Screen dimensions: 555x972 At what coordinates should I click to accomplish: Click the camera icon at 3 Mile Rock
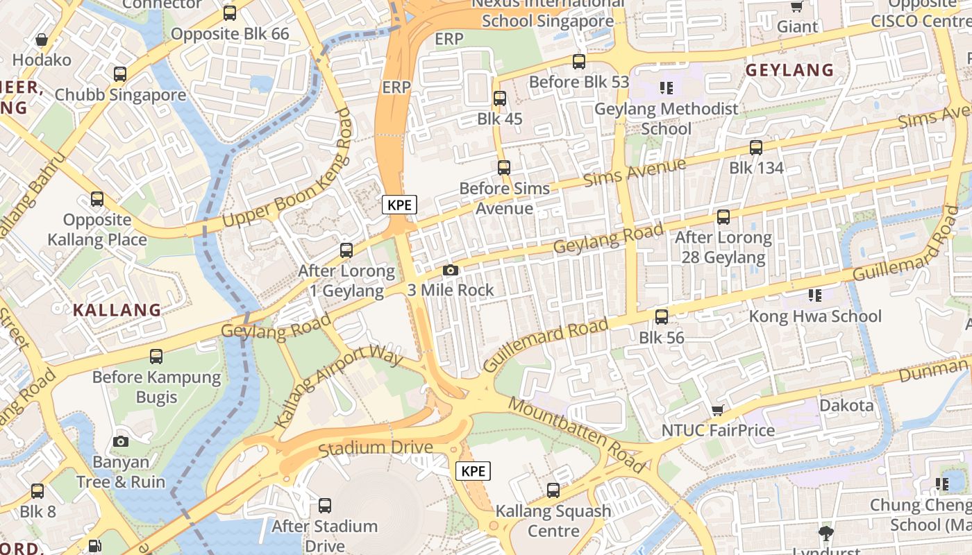click(x=450, y=270)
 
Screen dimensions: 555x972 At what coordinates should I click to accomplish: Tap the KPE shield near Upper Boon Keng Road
click(x=399, y=205)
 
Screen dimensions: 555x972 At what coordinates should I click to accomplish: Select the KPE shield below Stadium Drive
click(x=473, y=471)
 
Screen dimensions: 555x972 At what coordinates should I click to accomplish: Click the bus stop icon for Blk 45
click(x=499, y=99)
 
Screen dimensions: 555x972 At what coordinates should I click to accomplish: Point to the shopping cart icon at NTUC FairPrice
click(x=718, y=410)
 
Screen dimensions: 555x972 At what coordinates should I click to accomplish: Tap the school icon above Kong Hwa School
click(x=814, y=296)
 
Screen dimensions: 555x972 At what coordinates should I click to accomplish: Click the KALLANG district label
click(x=117, y=310)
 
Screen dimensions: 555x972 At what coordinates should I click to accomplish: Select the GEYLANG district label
click(x=789, y=70)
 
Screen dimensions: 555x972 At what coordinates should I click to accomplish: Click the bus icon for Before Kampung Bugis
click(x=156, y=357)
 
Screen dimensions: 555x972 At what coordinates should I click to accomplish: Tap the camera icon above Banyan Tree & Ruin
click(x=121, y=441)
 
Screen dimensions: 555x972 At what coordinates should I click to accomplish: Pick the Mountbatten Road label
click(x=576, y=434)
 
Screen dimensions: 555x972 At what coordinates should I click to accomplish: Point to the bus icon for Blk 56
click(x=662, y=317)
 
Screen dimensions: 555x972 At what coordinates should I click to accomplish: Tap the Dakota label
click(x=846, y=405)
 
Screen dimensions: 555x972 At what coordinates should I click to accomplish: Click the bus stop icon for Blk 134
click(x=755, y=147)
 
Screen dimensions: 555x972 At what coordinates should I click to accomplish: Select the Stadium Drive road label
click(x=376, y=449)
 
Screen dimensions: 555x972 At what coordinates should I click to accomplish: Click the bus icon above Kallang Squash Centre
click(x=553, y=490)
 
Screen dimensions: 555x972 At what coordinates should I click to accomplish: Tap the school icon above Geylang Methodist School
click(x=667, y=88)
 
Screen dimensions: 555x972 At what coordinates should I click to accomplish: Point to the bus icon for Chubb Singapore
click(x=120, y=74)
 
